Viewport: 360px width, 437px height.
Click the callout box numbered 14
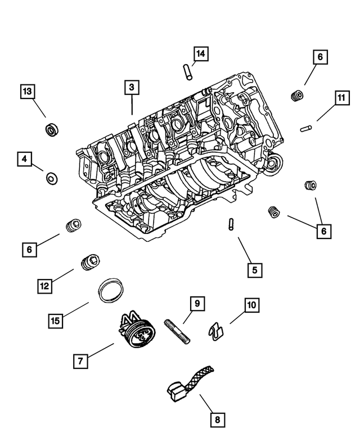(x=201, y=54)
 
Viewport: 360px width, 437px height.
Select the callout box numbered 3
(x=131, y=87)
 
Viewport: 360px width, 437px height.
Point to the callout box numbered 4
(x=24, y=159)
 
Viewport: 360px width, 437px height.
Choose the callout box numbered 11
(x=340, y=98)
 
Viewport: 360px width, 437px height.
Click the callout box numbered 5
(x=254, y=270)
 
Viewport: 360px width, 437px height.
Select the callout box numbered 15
(x=55, y=321)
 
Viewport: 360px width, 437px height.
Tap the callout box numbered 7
(x=80, y=360)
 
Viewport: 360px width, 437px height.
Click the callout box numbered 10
(x=251, y=305)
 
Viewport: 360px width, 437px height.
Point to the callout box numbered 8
(x=217, y=419)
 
